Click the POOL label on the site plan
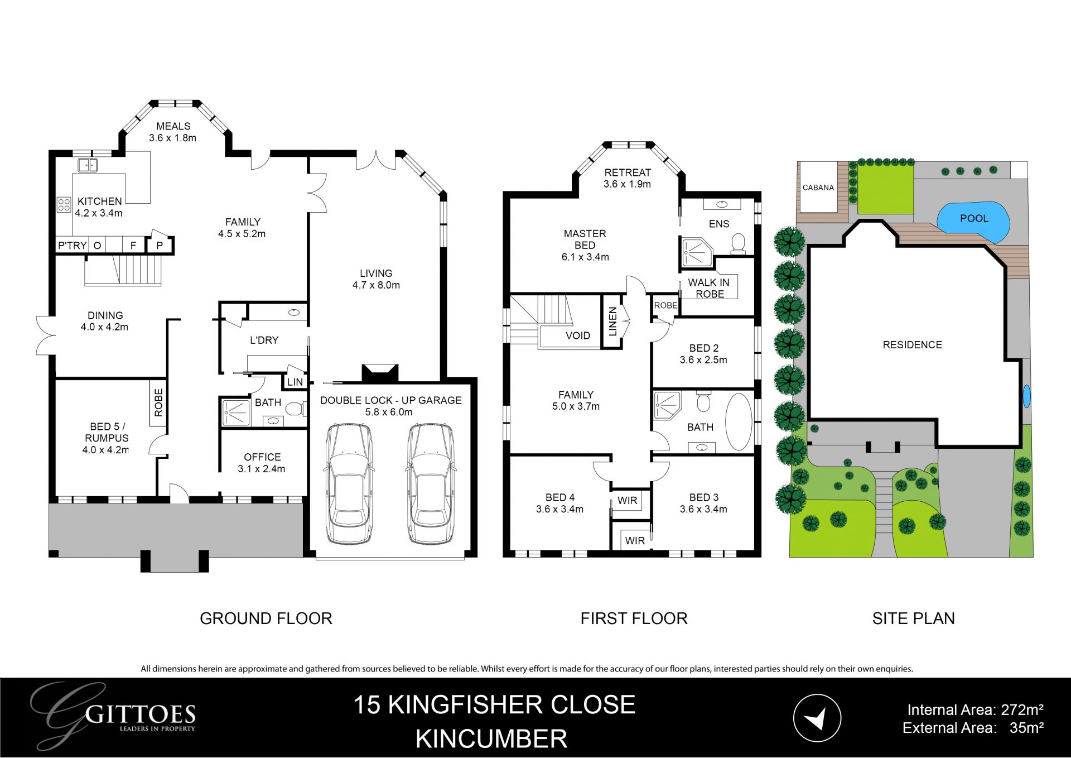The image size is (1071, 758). [974, 218]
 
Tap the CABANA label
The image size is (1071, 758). [818, 188]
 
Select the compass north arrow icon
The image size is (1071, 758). [817, 718]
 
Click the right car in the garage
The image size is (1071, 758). [430, 483]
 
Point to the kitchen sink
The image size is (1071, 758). [88, 165]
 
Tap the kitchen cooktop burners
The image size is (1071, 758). [64, 205]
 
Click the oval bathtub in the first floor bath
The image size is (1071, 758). [739, 422]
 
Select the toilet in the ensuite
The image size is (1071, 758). [739, 244]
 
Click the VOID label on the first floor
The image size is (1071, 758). [577, 335]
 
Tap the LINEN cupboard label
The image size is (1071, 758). [612, 322]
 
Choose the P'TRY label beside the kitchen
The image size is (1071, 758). [73, 245]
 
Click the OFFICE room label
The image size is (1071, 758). [262, 457]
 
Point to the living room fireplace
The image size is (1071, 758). [380, 373]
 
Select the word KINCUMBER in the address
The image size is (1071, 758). [491, 738]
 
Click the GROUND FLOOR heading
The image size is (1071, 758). [266, 618]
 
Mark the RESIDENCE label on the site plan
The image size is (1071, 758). [912, 345]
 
